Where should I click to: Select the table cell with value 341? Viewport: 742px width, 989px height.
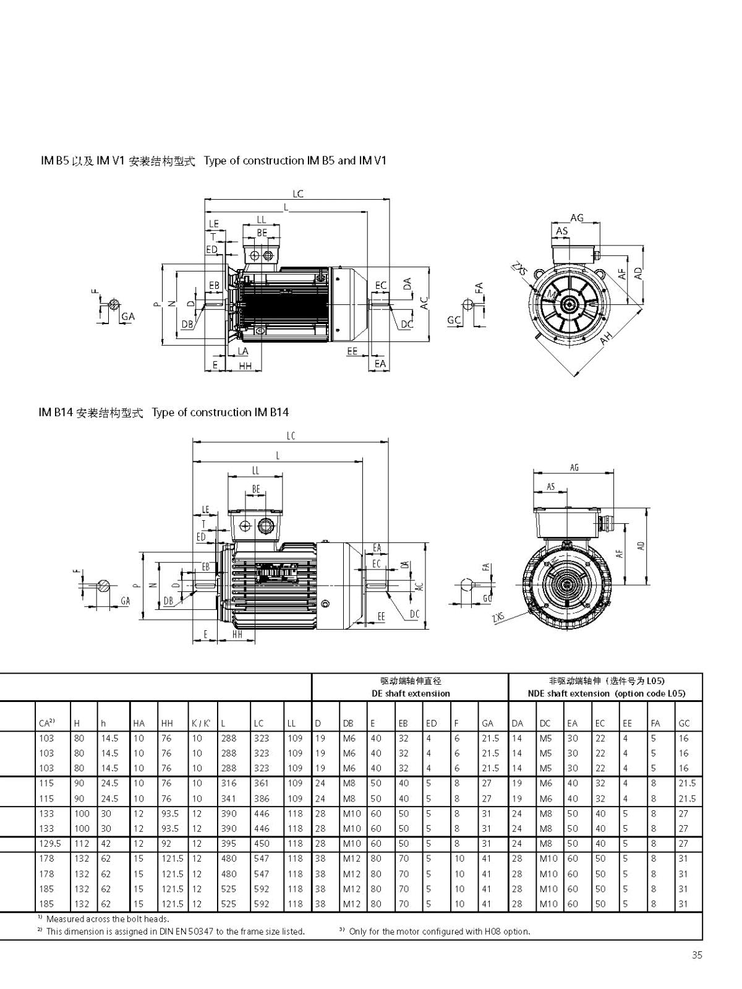[229, 798]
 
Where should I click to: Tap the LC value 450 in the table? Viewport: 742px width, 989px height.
[261, 844]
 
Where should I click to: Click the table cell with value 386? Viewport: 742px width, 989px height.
[261, 798]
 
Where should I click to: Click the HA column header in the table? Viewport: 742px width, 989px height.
[139, 723]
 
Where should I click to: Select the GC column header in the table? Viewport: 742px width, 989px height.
[684, 723]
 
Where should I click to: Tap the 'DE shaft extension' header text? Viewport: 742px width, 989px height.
[411, 693]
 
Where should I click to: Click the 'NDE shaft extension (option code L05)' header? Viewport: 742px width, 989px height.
[607, 693]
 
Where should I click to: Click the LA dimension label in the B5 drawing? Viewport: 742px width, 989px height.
[242, 351]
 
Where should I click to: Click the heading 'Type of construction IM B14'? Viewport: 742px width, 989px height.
[220, 413]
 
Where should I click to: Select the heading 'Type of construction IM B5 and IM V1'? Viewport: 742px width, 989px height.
[295, 160]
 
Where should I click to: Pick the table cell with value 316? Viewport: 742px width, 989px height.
[229, 783]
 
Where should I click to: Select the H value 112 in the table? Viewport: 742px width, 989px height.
[82, 844]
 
